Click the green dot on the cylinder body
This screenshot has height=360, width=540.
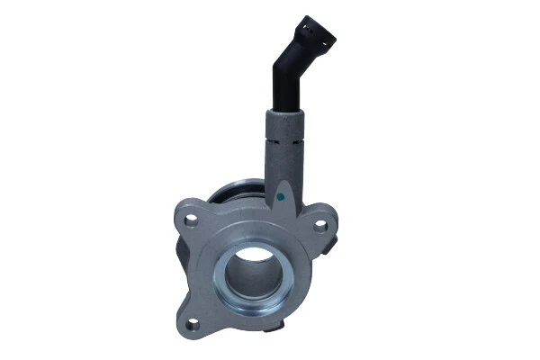pos(281,193)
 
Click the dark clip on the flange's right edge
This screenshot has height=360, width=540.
pos(333,243)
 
